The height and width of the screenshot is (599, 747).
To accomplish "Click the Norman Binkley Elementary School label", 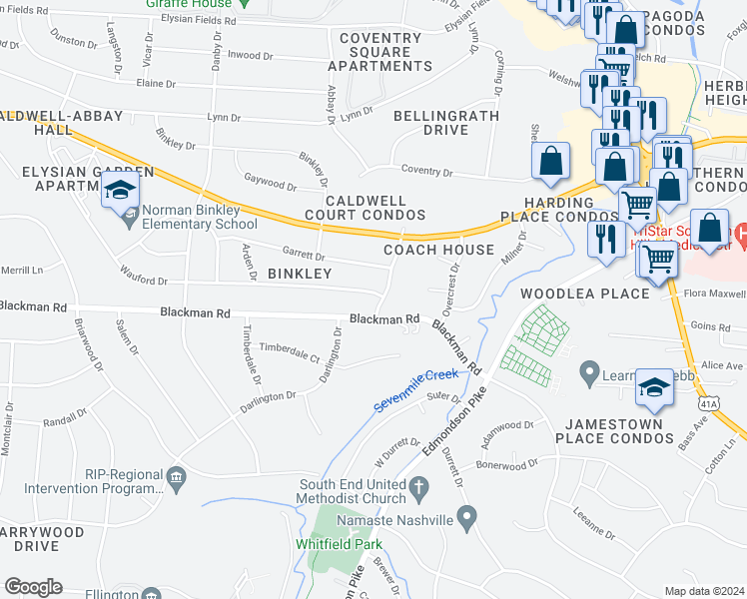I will (x=200, y=217).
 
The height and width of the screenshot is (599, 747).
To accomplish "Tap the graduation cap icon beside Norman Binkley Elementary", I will (x=121, y=191).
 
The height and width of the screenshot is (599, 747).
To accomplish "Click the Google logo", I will (x=33, y=587).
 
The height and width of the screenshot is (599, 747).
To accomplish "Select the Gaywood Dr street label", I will (x=271, y=185).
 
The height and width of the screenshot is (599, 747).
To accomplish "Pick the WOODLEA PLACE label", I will (x=584, y=294).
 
